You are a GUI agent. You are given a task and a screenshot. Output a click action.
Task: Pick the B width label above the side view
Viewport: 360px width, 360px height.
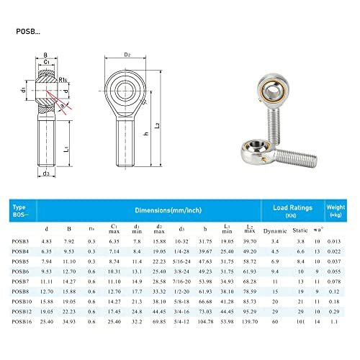coord(45,54)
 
